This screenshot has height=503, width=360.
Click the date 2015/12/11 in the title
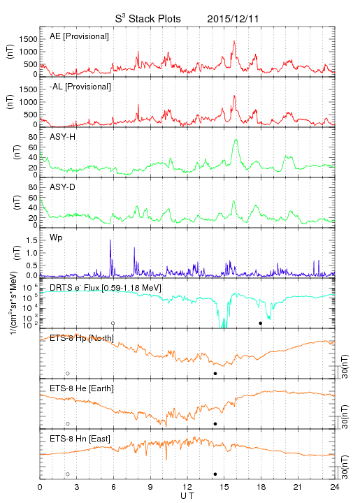tap(233, 19)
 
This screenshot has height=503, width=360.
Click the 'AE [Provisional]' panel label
tap(79, 36)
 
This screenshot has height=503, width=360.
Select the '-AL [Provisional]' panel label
tap(80, 87)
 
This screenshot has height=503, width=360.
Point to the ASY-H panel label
tap(63, 137)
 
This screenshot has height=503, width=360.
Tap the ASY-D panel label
tap(63, 187)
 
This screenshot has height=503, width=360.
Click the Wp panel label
tap(56, 238)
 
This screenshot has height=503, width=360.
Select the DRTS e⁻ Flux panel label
tap(106, 288)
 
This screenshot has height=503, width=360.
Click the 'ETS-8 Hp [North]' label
tap(82, 338)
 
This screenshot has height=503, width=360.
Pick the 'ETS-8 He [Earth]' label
tap(82, 388)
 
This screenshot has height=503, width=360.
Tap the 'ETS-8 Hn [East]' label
tap(80, 439)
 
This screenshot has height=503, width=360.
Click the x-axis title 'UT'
tap(187, 495)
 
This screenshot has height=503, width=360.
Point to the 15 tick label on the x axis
tap(224, 487)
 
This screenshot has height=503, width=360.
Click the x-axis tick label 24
tap(335, 487)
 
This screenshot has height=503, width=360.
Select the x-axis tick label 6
tap(113, 487)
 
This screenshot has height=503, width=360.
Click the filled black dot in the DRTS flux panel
tap(261, 323)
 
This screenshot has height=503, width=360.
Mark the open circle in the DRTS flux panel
tap(113, 323)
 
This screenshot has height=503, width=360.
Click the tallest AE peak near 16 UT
tap(234, 41)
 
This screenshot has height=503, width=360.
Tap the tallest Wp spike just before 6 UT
tap(110, 240)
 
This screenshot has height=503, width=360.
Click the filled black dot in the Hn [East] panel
tap(215, 474)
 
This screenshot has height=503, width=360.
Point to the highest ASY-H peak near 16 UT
tap(236, 140)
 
